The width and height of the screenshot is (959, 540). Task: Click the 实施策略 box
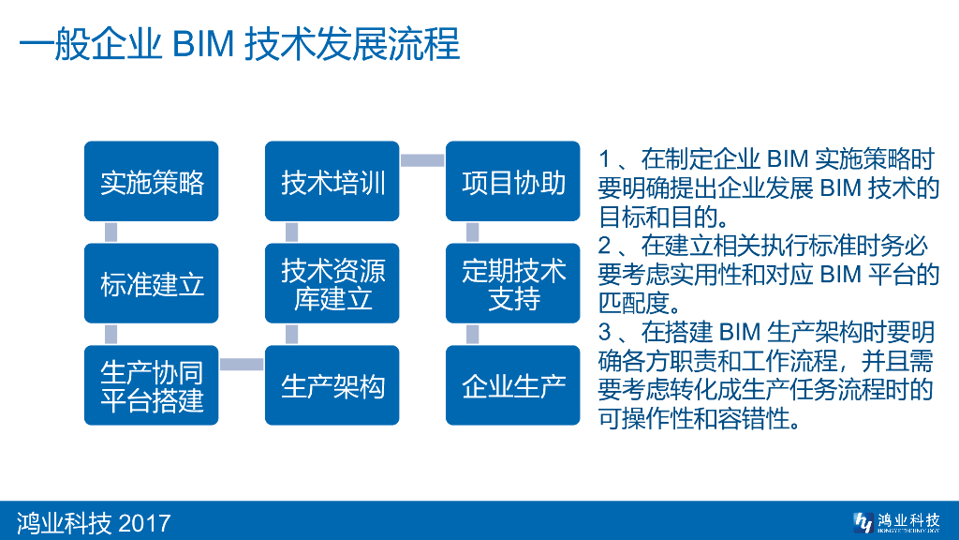point(152,182)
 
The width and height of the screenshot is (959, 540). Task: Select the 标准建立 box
point(152,283)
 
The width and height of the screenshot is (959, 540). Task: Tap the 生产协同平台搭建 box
point(152,385)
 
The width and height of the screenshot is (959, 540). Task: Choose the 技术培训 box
point(332,182)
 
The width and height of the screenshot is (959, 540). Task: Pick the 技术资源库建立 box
point(332,283)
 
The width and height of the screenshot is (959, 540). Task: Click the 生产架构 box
point(332,385)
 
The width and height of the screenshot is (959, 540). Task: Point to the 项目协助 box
point(513,182)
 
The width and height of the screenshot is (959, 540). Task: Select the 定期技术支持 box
point(513,283)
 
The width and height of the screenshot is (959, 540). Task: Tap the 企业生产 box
point(513,385)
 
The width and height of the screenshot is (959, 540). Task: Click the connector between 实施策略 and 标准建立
point(111,232)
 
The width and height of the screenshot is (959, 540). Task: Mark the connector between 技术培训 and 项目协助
point(422,160)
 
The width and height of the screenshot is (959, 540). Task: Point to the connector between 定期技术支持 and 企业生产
point(472,334)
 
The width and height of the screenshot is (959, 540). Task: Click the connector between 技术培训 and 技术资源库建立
point(291,232)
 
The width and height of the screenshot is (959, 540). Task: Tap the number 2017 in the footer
point(144,521)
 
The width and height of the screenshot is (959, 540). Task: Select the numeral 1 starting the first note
point(605,160)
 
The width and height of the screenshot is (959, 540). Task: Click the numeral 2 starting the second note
point(605,247)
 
